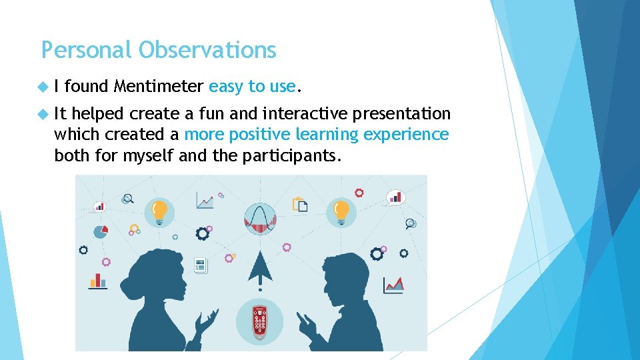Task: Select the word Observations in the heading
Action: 207,50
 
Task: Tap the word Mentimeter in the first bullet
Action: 158,86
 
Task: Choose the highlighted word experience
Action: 406,135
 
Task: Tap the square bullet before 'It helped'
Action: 44,115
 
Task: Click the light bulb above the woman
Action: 159,211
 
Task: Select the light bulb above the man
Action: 341,211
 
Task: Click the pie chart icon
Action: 101,231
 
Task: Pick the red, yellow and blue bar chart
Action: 98,280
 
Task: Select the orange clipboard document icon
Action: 300,204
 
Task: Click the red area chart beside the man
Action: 393,285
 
